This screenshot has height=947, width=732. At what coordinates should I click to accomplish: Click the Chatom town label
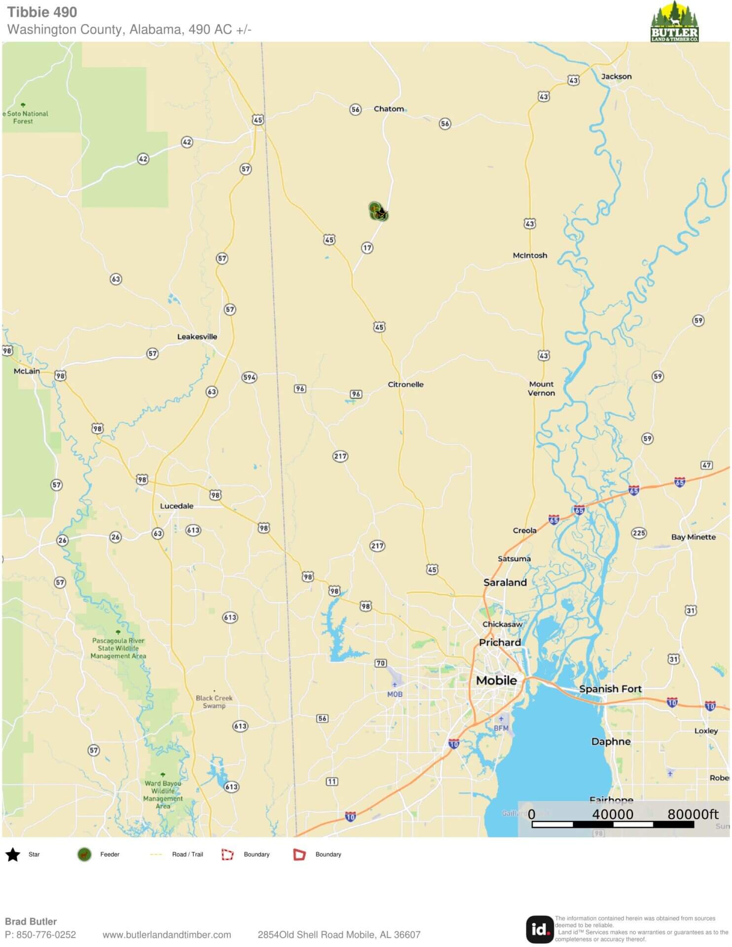pos(389,109)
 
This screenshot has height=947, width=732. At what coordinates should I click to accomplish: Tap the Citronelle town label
pos(405,384)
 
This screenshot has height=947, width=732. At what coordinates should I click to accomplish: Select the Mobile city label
pos(496,680)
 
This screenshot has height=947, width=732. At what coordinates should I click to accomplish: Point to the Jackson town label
pos(616,76)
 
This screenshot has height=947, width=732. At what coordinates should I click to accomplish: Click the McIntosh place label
pos(530,255)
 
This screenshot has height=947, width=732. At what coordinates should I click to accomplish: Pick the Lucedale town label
pos(177,506)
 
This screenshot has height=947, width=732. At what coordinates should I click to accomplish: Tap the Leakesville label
pos(197,336)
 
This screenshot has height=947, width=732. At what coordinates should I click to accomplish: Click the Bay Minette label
pos(693,537)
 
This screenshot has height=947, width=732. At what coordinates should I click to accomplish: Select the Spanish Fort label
pos(610,689)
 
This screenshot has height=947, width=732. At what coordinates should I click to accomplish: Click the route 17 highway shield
pos(367,248)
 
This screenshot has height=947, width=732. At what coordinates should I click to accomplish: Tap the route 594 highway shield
pos(249,377)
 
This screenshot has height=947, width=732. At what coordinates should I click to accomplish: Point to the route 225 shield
pos(639,533)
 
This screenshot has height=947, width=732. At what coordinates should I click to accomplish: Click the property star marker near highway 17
pos(381,213)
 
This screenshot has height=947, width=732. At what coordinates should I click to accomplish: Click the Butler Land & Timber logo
pos(674,22)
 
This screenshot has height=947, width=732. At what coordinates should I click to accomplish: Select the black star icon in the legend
pos(13,855)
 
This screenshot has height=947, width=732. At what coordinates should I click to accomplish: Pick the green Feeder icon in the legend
pos(84,854)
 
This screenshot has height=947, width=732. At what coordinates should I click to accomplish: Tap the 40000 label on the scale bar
pos(612,814)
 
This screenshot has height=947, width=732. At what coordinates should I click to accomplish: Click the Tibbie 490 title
pos(42,12)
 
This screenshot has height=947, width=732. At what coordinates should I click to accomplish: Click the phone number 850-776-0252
pos(46,935)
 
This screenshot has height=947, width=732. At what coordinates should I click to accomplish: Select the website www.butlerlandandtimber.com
pos(167,935)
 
